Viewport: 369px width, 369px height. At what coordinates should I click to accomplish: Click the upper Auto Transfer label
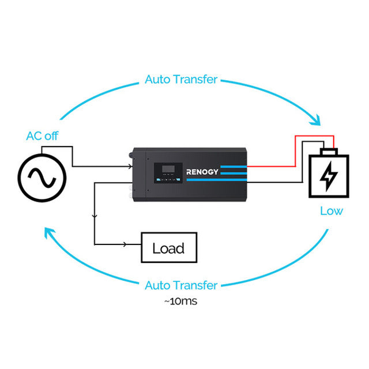pyautogui.click(x=181, y=79)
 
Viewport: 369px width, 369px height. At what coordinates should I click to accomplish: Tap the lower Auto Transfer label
pyautogui.click(x=181, y=285)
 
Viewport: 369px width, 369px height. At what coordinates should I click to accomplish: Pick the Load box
pyautogui.click(x=169, y=248)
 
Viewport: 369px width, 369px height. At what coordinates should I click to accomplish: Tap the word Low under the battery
pyautogui.click(x=331, y=211)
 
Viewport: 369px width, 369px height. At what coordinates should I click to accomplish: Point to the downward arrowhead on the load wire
pyautogui.click(x=95, y=215)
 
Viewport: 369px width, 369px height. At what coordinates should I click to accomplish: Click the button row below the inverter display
pyautogui.click(x=167, y=179)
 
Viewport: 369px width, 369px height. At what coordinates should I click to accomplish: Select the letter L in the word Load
pyautogui.click(x=156, y=249)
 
